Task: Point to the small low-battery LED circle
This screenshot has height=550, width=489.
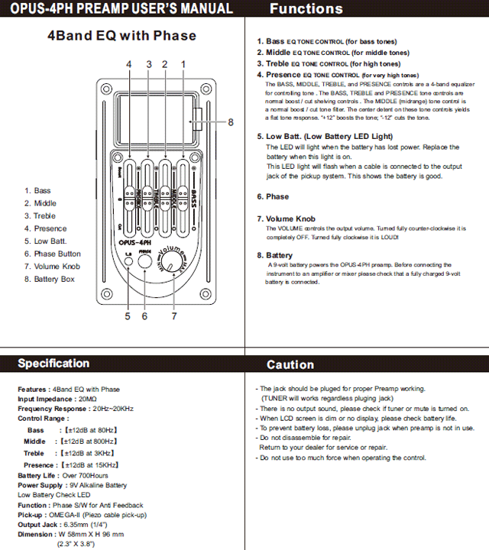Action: (x=128, y=263)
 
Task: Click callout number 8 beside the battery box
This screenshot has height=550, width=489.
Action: (x=230, y=121)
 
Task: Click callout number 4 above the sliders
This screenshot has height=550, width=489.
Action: (x=129, y=63)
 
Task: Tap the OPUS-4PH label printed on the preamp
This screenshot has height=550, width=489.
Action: (x=131, y=238)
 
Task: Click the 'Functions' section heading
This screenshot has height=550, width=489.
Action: (x=306, y=9)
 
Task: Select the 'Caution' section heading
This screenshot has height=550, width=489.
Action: (x=290, y=364)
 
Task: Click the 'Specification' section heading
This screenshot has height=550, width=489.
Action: (x=53, y=364)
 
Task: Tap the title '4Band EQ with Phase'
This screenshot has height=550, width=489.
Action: (x=121, y=36)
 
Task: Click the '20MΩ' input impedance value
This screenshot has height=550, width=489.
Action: (x=88, y=399)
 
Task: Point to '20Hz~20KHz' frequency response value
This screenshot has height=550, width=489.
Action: (x=113, y=409)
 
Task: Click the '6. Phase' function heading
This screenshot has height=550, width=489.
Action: (x=273, y=196)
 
